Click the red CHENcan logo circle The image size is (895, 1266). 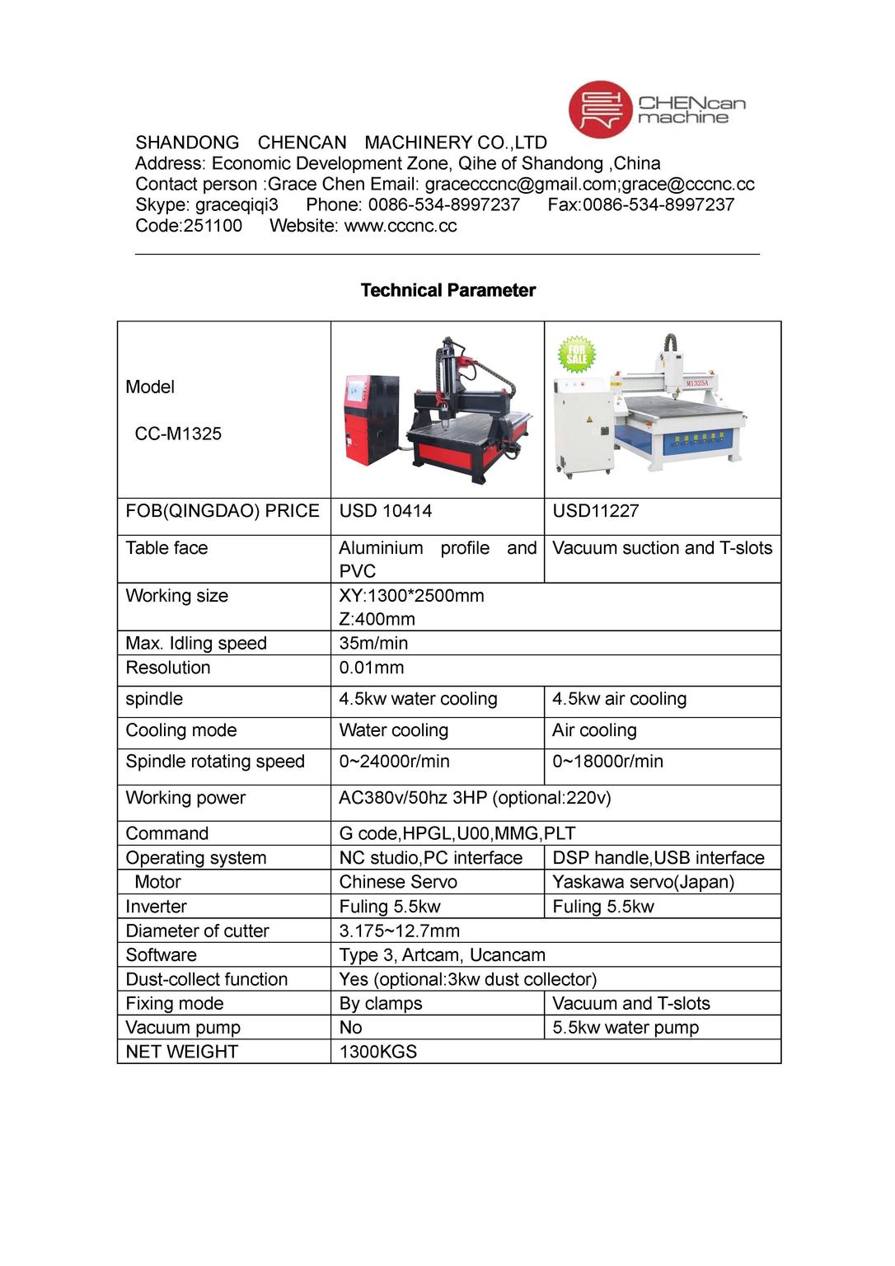600,109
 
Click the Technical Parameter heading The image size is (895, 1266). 448,290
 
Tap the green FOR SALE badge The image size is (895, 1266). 576,354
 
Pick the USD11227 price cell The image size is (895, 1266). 596,511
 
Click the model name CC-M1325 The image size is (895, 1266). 178,434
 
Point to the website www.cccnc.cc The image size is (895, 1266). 400,226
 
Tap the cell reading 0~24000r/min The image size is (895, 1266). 395,762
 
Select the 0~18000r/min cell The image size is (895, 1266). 607,762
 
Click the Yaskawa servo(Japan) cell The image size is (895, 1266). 643,882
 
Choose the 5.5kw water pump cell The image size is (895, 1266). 626,1028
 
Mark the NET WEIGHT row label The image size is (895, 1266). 181,1052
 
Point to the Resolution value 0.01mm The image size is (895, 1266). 372,668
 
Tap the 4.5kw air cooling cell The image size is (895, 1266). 619,699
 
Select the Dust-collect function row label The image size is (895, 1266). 207,979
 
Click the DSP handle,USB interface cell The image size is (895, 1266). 658,858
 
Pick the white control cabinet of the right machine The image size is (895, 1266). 582,424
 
